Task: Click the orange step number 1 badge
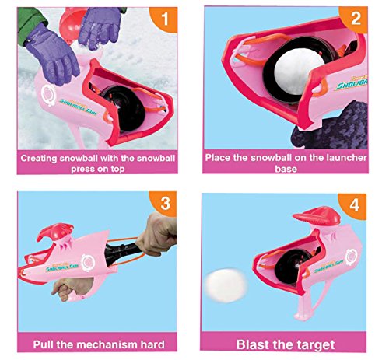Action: point(164,19)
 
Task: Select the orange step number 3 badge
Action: point(164,204)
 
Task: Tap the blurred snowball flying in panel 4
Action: point(226,285)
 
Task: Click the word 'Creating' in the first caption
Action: point(39,159)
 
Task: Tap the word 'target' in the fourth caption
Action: point(316,345)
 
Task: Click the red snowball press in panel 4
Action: point(317,217)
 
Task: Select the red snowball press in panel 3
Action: point(55,232)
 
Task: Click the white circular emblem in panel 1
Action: point(48,95)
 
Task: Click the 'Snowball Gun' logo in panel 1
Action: point(78,107)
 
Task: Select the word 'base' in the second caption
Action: point(286,169)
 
